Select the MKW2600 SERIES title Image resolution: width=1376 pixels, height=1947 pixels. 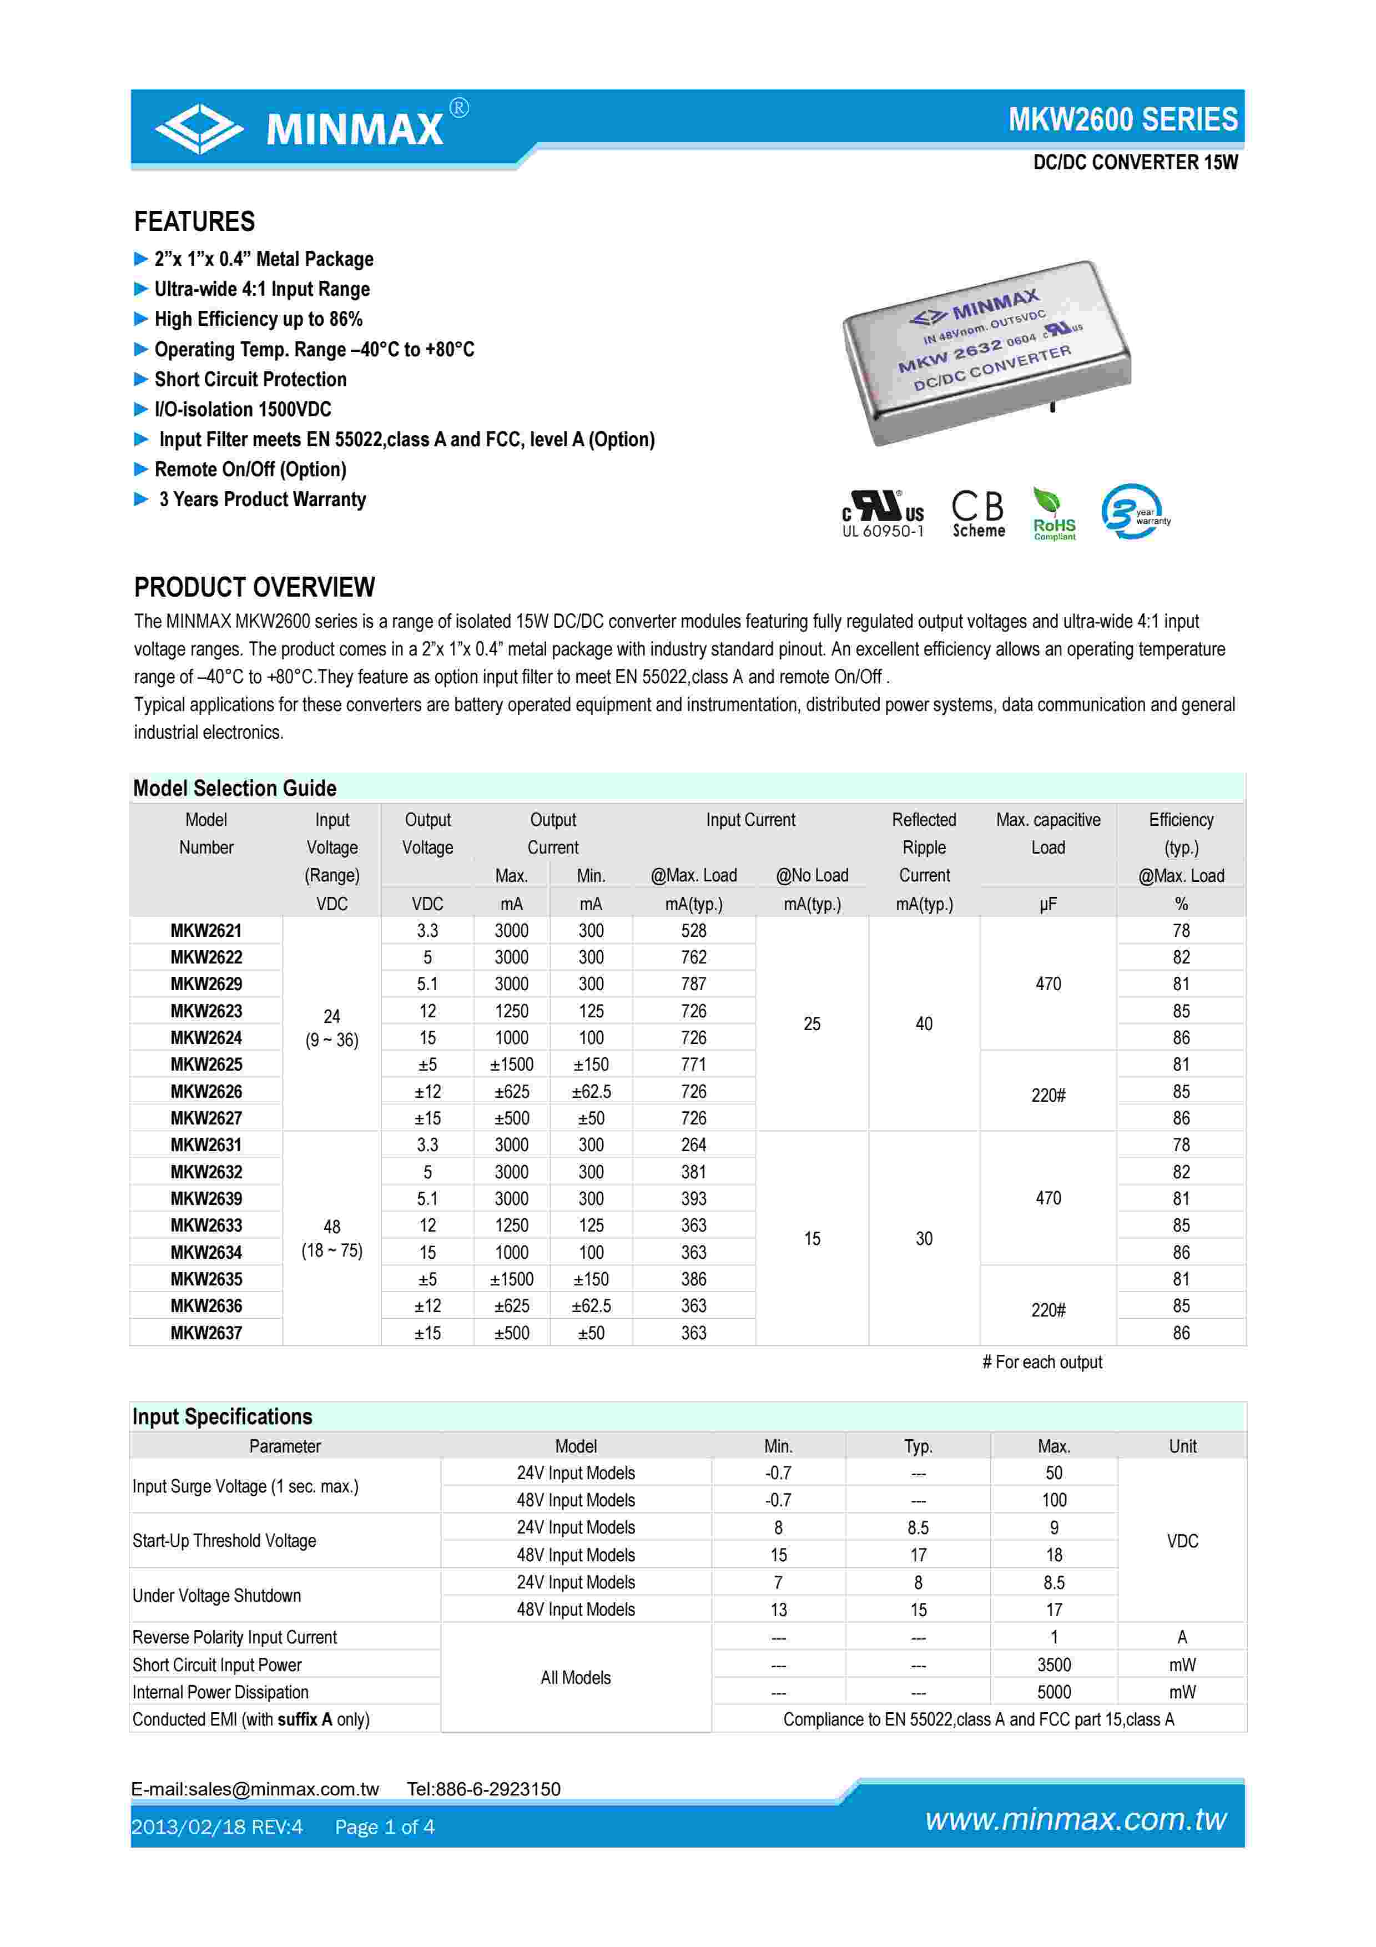coord(1122,119)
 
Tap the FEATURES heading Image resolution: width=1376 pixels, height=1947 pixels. coord(194,221)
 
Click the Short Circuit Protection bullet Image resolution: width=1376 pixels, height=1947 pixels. coord(250,379)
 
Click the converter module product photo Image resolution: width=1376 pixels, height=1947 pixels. coord(985,351)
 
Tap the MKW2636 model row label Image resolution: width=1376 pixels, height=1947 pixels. coord(206,1306)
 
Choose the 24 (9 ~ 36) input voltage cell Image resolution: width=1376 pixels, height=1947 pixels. coord(331,1028)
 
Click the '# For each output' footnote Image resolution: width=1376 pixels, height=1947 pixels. coord(1042,1362)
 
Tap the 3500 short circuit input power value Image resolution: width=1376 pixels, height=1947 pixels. coord(1054,1664)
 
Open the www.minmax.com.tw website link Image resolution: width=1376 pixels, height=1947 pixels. coord(1075,1820)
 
